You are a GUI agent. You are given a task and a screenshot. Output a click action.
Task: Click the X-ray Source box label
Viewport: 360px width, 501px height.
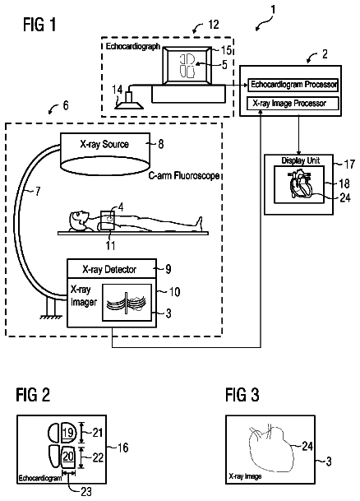pos(104,145)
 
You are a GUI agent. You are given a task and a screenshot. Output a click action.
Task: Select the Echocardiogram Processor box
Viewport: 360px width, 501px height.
pos(293,85)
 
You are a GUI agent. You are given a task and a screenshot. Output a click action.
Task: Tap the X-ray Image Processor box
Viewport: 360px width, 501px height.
pos(293,104)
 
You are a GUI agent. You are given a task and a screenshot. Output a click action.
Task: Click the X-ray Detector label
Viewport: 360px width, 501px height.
pos(109,270)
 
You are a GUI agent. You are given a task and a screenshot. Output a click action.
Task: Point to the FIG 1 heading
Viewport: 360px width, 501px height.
pos(39,25)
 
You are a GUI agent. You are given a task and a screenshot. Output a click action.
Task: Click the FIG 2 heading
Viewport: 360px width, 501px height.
pos(33,395)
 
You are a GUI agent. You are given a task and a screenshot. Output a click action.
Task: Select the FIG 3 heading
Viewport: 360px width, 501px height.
pos(242,395)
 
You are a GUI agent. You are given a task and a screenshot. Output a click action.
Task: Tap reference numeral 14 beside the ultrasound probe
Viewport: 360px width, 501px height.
pos(118,90)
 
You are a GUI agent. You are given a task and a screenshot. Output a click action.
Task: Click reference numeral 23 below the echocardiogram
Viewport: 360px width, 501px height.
pos(86,491)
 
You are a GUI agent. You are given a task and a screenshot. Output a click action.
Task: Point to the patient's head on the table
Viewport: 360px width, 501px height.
pos(77,220)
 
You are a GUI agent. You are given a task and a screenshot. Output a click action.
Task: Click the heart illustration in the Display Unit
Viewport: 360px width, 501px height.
pos(299,184)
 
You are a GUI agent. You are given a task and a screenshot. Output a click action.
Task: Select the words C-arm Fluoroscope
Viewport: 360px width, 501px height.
pos(184,175)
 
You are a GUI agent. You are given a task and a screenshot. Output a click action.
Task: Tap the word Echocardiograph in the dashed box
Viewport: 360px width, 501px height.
pos(133,46)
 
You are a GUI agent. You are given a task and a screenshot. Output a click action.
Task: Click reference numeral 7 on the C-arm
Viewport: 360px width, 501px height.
pos(38,192)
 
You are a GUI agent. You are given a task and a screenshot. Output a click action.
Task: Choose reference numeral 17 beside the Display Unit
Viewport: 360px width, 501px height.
pos(349,164)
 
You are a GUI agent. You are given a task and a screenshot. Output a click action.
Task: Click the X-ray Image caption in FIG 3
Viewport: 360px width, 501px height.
pos(245,476)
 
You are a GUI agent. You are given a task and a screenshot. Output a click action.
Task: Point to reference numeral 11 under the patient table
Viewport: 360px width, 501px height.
pos(111,245)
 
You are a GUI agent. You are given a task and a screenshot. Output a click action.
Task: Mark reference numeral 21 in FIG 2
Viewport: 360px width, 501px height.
pos(98,432)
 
